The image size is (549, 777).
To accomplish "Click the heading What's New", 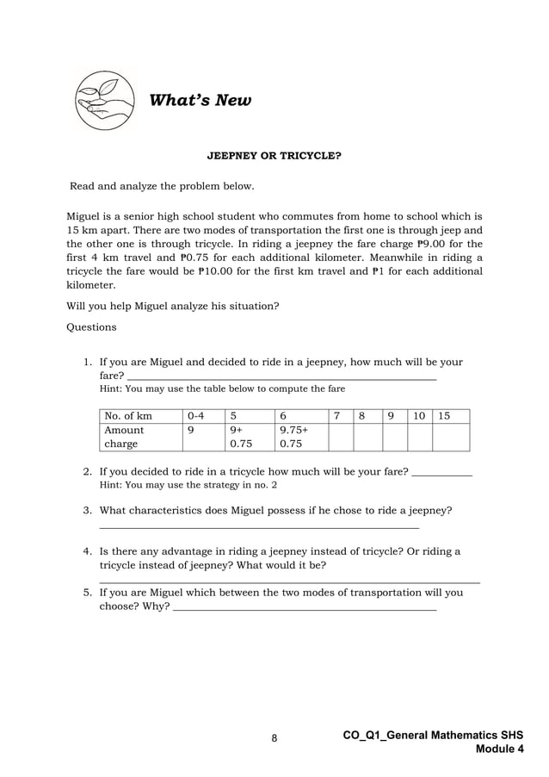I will (x=200, y=102).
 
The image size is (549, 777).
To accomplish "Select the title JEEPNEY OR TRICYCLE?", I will (x=274, y=158).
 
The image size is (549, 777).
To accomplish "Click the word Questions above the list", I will (x=91, y=326).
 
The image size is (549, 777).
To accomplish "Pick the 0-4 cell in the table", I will (x=201, y=415).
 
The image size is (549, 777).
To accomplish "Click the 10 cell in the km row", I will (x=419, y=415).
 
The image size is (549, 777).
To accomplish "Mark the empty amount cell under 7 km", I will (x=342, y=437).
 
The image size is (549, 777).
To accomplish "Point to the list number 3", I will (x=88, y=510).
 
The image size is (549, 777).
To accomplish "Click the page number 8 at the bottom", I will (x=274, y=738).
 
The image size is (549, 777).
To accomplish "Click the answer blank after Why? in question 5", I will (x=305, y=609).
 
